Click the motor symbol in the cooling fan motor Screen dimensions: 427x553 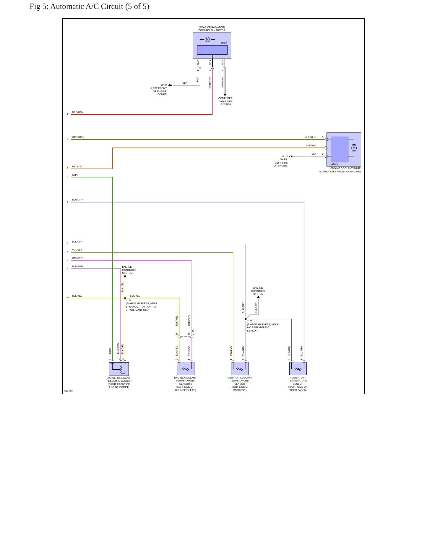pyautogui.click(x=207, y=40)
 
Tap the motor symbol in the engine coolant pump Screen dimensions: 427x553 pyautogui.click(x=354, y=148)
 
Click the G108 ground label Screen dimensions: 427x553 pyautogui.click(x=164, y=85)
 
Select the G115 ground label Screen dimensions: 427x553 pyautogui.click(x=285, y=156)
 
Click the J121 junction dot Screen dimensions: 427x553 pyautogui.click(x=125, y=298)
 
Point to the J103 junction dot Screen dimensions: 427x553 pyautogui.click(x=246, y=319)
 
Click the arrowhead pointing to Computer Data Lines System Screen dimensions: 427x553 pyautogui.click(x=225, y=95)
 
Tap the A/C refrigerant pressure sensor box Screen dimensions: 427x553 pyautogui.click(x=119, y=369)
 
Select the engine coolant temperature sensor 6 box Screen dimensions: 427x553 pyautogui.click(x=186, y=368)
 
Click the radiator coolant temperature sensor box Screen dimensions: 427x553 pyautogui.click(x=240, y=368)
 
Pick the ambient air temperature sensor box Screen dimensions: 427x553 pyautogui.click(x=298, y=368)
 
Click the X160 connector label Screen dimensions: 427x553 pyautogui.click(x=194, y=333)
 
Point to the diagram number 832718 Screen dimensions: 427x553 pyautogui.click(x=69, y=391)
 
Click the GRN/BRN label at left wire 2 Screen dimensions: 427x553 pyautogui.click(x=78, y=137)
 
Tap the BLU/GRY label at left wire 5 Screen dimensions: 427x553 pyautogui.click(x=77, y=200)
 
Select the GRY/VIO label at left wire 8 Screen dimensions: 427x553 pyautogui.click(x=77, y=258)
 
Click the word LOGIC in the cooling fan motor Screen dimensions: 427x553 pyautogui.click(x=223, y=43)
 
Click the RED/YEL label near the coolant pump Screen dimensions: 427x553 pyautogui.click(x=311, y=145)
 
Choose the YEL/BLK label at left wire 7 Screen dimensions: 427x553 pyautogui.click(x=77, y=250)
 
